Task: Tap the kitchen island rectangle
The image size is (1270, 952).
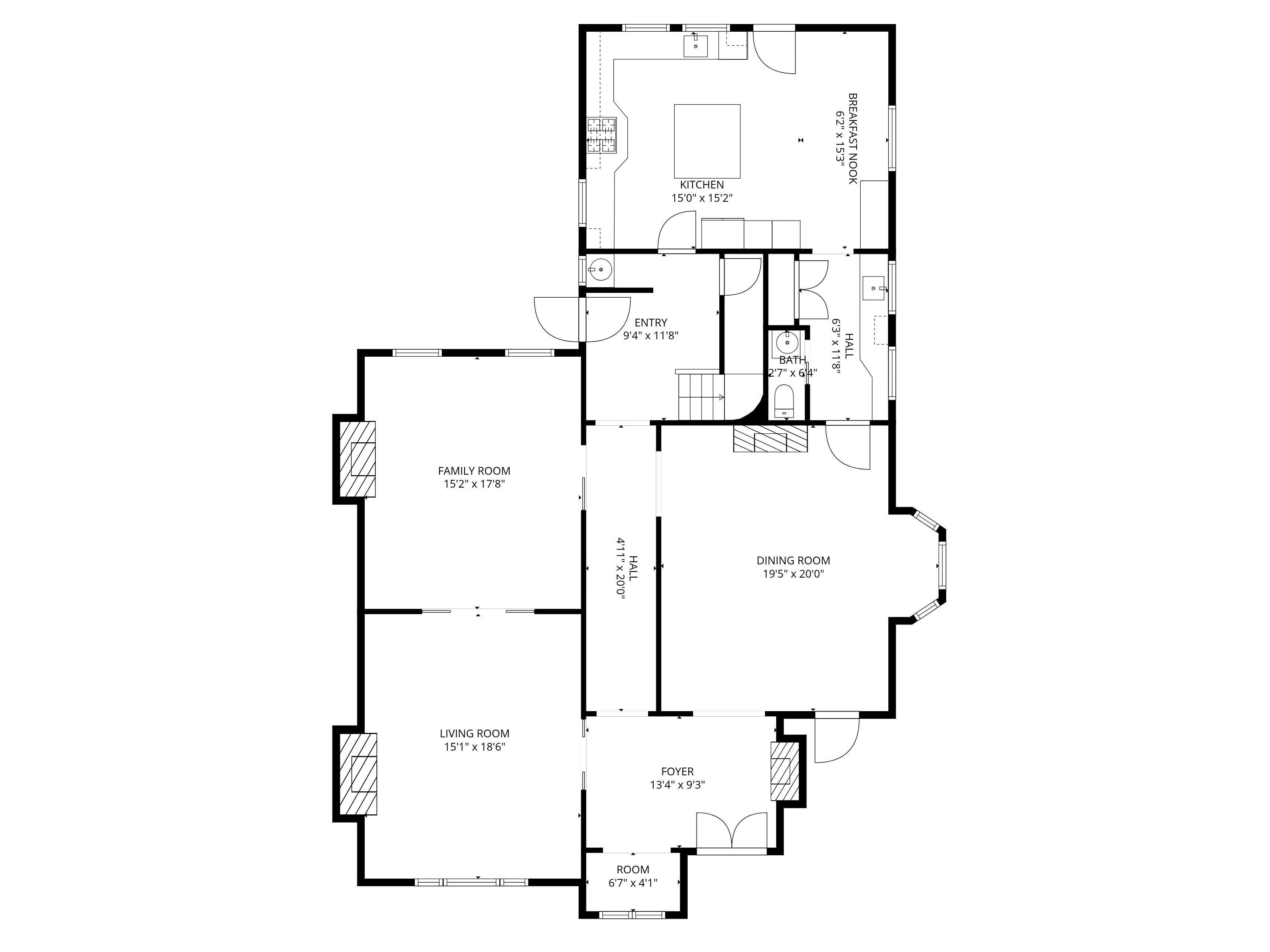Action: (707, 141)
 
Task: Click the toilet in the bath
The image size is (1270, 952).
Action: (784, 401)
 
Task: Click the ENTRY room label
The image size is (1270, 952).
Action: (651, 323)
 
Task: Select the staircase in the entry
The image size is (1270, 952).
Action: (701, 396)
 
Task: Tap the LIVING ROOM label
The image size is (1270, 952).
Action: (474, 733)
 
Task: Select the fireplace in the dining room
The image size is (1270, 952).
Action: (771, 439)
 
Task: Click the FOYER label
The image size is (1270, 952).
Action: (678, 772)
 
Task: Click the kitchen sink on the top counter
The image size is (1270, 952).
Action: (695, 45)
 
